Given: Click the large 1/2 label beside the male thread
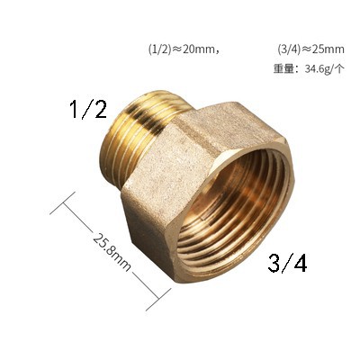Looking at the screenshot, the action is [x=88, y=109].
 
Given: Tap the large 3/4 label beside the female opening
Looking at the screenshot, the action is [x=287, y=262].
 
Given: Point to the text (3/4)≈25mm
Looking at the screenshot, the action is [x=310, y=49].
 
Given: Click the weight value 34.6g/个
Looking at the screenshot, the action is [x=324, y=69].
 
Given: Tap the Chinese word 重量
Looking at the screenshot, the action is [x=283, y=69].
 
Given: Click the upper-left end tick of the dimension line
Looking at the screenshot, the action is [x=62, y=203].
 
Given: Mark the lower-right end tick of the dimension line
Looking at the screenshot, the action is [x=158, y=300].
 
